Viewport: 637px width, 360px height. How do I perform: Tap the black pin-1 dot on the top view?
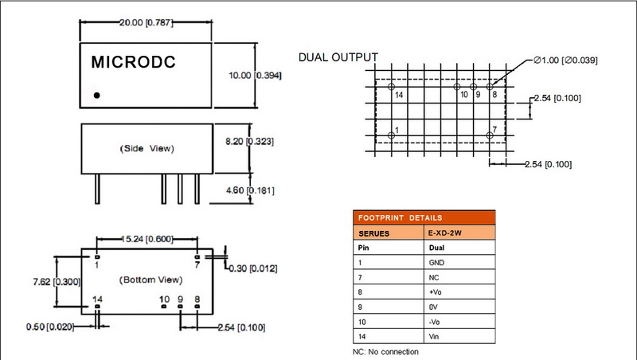tap(97, 96)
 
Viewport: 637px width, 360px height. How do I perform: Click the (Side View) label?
tap(147, 148)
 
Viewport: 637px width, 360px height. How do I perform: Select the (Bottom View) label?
tap(150, 280)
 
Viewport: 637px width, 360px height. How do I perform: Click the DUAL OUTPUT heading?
tap(338, 57)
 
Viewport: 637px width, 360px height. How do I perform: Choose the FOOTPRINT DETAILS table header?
tap(424, 217)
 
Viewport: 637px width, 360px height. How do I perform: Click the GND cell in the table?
tap(439, 261)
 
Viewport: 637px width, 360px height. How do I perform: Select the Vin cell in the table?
tap(436, 337)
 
